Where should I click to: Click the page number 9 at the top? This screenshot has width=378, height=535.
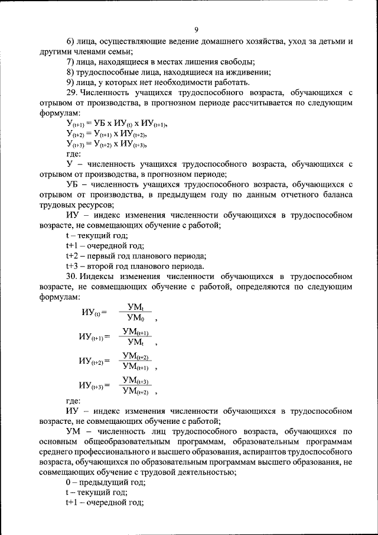tap(196, 30)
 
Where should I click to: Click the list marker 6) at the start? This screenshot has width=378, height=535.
tap(70, 43)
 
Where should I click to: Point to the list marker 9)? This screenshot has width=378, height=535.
tap(70, 83)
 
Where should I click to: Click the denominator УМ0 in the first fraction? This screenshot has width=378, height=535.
tap(135, 317)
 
